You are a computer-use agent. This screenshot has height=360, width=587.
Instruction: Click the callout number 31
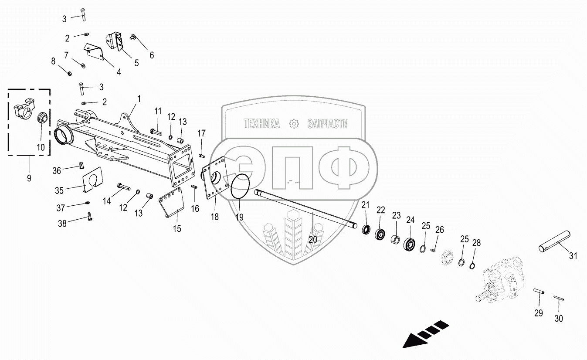pyautogui.click(x=572, y=256)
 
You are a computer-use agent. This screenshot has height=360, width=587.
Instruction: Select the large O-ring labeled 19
pyautogui.click(x=240, y=187)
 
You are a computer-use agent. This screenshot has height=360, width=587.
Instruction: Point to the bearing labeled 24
pyautogui.click(x=410, y=244)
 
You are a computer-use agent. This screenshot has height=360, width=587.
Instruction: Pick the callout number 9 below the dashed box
pyautogui.click(x=29, y=179)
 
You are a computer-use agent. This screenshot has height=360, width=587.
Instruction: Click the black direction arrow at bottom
pyautogui.click(x=424, y=333)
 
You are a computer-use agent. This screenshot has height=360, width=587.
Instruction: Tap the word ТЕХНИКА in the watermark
pyautogui.click(x=261, y=124)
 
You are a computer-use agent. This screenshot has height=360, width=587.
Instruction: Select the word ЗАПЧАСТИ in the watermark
pyautogui.click(x=328, y=124)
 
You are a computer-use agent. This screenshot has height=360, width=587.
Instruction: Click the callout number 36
pyautogui.click(x=57, y=171)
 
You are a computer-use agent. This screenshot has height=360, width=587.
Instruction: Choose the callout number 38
pyautogui.click(x=63, y=224)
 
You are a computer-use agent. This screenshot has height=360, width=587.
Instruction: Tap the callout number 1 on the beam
pyautogui.click(x=139, y=99)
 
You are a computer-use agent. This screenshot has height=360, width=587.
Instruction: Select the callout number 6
pyautogui.click(x=152, y=55)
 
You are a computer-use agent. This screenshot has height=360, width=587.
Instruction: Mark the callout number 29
pyautogui.click(x=539, y=313)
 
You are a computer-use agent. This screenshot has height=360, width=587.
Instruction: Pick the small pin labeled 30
pyautogui.click(x=559, y=298)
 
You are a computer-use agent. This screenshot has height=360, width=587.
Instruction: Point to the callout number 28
pyautogui.click(x=477, y=243)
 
